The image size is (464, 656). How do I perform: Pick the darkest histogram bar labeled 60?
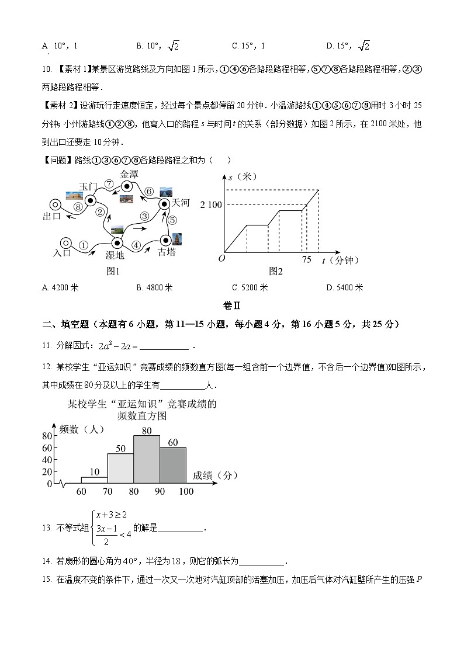[x=173, y=465]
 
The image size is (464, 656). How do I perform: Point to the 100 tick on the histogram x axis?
[x=186, y=492]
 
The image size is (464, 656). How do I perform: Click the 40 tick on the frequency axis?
[x=47, y=460]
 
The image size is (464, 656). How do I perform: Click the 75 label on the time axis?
[x=307, y=260]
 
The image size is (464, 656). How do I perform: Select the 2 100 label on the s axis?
[x=211, y=204]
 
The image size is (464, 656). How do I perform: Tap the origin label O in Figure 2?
[x=221, y=259]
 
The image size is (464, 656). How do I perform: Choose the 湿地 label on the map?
[x=115, y=255]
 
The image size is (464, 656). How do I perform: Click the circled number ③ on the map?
[x=144, y=217]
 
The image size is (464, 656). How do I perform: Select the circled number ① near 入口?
[x=84, y=246]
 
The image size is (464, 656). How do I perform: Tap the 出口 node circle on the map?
[x=55, y=204]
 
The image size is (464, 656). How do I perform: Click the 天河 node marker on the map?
[x=164, y=204]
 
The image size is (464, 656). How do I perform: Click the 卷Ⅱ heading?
[x=232, y=306]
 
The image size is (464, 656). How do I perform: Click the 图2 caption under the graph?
[x=276, y=271]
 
